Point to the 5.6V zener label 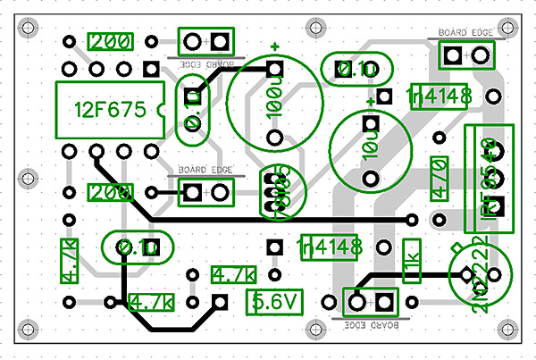274,302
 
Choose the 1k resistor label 412,259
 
